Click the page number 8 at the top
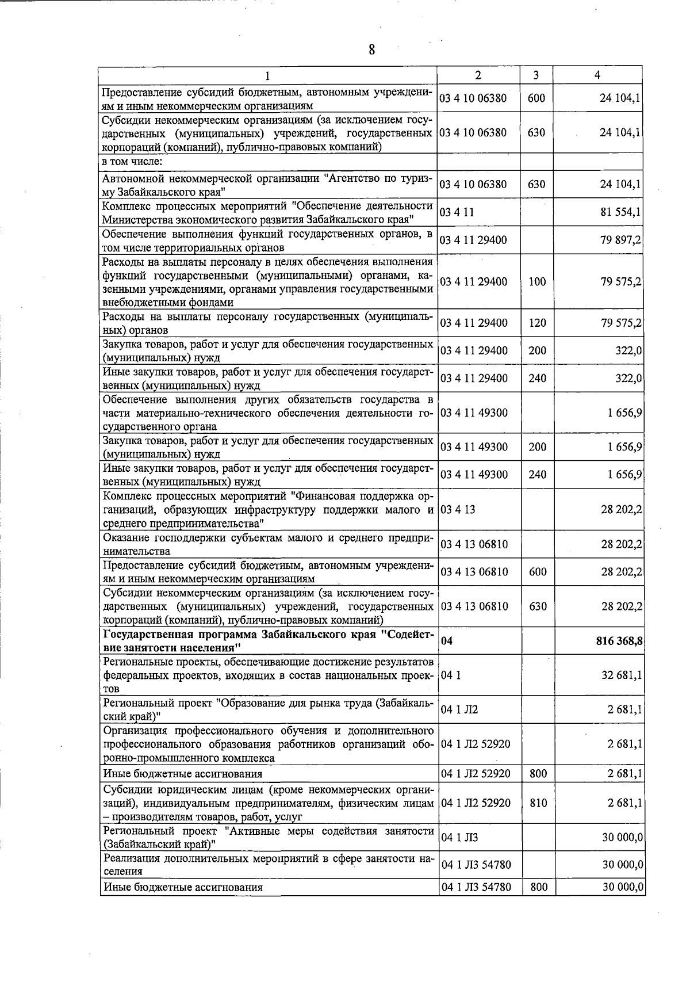click(x=372, y=50)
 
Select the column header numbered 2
click(x=478, y=75)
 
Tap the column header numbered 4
click(x=598, y=75)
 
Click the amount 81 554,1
click(x=621, y=212)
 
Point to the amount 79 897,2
click(x=621, y=240)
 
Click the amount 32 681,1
click(x=622, y=675)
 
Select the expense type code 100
click(x=537, y=282)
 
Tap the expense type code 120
click(x=537, y=323)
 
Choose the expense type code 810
click(x=537, y=803)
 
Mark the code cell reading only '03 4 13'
click(x=458, y=510)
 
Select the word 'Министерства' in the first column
click(x=136, y=220)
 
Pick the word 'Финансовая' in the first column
click(x=323, y=496)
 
